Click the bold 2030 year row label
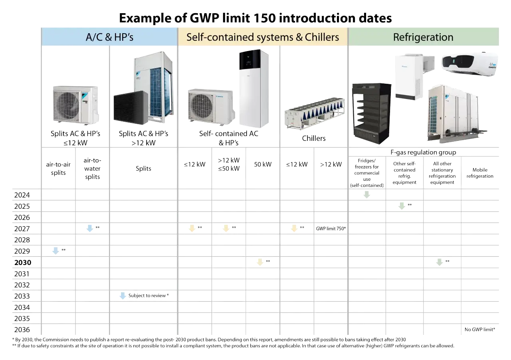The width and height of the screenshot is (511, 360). (x=23, y=263)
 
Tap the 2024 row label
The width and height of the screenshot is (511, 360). (x=22, y=195)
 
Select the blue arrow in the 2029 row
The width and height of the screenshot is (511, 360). (x=55, y=251)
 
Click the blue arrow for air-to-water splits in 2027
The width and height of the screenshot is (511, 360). (x=90, y=228)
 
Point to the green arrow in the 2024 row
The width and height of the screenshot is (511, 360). (x=366, y=195)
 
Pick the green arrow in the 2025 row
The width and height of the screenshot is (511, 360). (x=402, y=206)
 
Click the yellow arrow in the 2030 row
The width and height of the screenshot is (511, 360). (x=260, y=262)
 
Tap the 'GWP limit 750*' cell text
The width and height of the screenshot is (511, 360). (x=331, y=229)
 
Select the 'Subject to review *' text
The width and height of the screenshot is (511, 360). (x=149, y=295)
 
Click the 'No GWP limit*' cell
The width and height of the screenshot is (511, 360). (x=480, y=329)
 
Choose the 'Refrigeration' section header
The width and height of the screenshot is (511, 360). (x=424, y=37)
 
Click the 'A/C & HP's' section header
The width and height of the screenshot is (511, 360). (x=109, y=37)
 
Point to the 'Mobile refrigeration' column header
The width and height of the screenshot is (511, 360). (x=480, y=173)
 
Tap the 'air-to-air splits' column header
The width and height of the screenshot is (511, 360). (x=58, y=168)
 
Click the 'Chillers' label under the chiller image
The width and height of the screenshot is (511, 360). (x=314, y=138)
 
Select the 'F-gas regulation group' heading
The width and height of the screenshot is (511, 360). (x=424, y=152)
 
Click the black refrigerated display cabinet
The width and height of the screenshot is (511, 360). (x=371, y=114)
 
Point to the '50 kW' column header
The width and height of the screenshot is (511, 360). (x=263, y=164)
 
